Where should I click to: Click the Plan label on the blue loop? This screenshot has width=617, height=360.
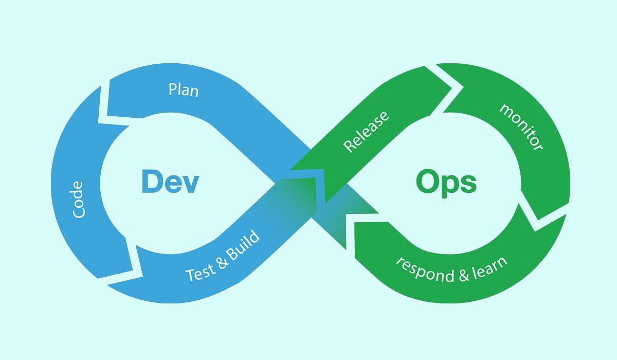(184, 90)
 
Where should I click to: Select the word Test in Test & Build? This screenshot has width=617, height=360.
(199, 271)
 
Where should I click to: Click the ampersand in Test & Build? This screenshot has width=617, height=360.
(222, 259)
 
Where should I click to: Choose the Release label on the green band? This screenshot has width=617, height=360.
(367, 130)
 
